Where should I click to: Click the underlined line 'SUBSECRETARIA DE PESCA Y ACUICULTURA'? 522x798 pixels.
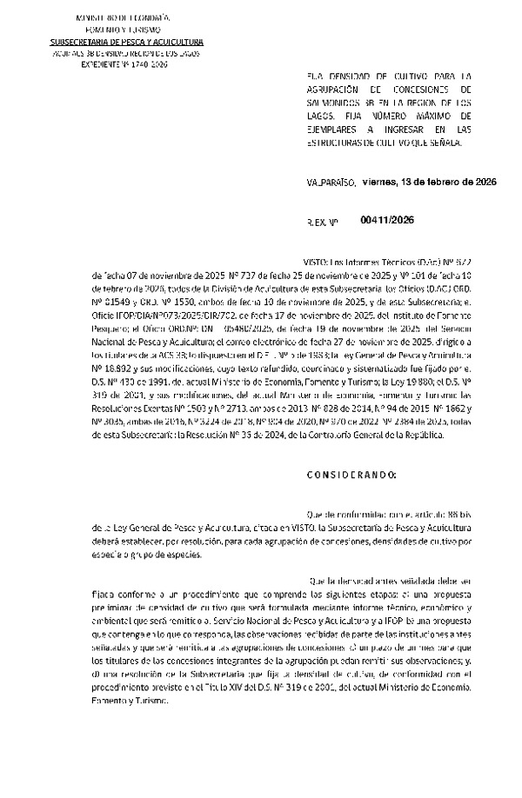[x=127, y=41]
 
